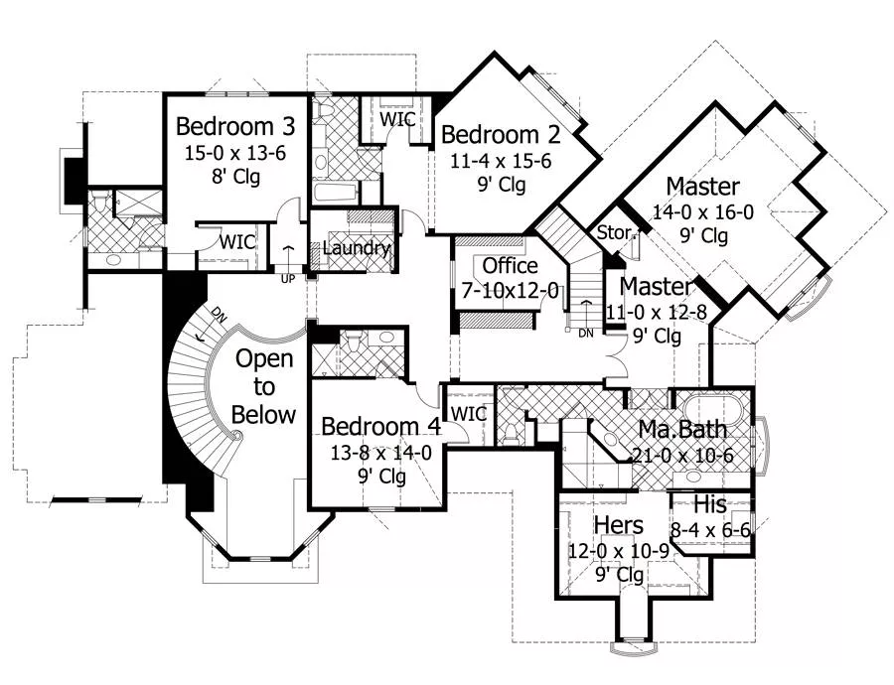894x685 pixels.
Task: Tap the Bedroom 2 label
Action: (501, 135)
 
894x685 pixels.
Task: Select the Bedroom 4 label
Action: (381, 426)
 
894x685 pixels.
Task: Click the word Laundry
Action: (356, 248)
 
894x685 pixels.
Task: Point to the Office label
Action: (510, 266)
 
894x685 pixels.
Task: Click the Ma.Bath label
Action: (682, 431)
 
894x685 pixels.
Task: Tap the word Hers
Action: (618, 525)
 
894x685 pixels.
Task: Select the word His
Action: (711, 504)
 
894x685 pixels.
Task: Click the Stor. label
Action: (616, 232)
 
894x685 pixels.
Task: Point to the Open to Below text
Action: (264, 386)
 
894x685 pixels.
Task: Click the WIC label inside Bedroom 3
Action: (238, 241)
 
